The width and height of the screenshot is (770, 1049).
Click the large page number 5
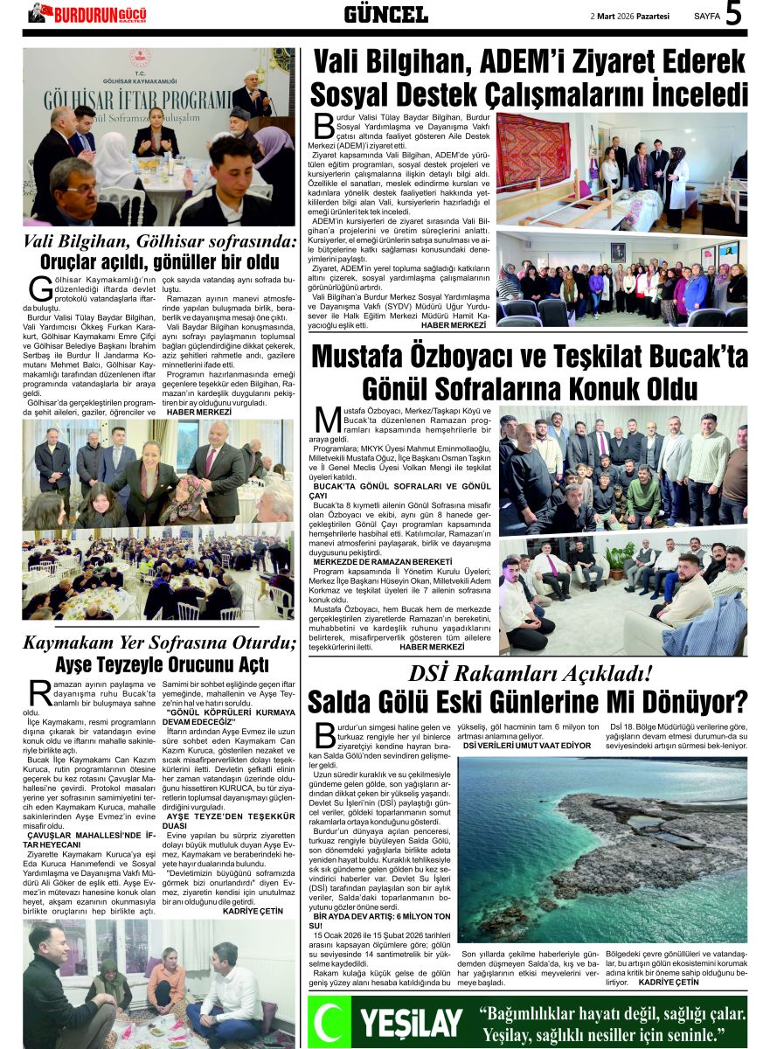(734, 14)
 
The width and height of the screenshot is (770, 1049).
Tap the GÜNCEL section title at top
(385, 14)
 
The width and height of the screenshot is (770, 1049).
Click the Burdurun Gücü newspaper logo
(88, 13)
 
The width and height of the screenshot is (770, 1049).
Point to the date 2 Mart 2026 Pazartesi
(630, 16)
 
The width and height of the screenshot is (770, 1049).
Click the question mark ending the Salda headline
(739, 702)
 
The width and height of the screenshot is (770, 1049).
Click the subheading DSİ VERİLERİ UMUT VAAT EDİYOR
(526, 746)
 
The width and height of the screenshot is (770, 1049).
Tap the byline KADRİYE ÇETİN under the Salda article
(669, 982)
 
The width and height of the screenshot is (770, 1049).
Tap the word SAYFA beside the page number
(707, 16)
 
